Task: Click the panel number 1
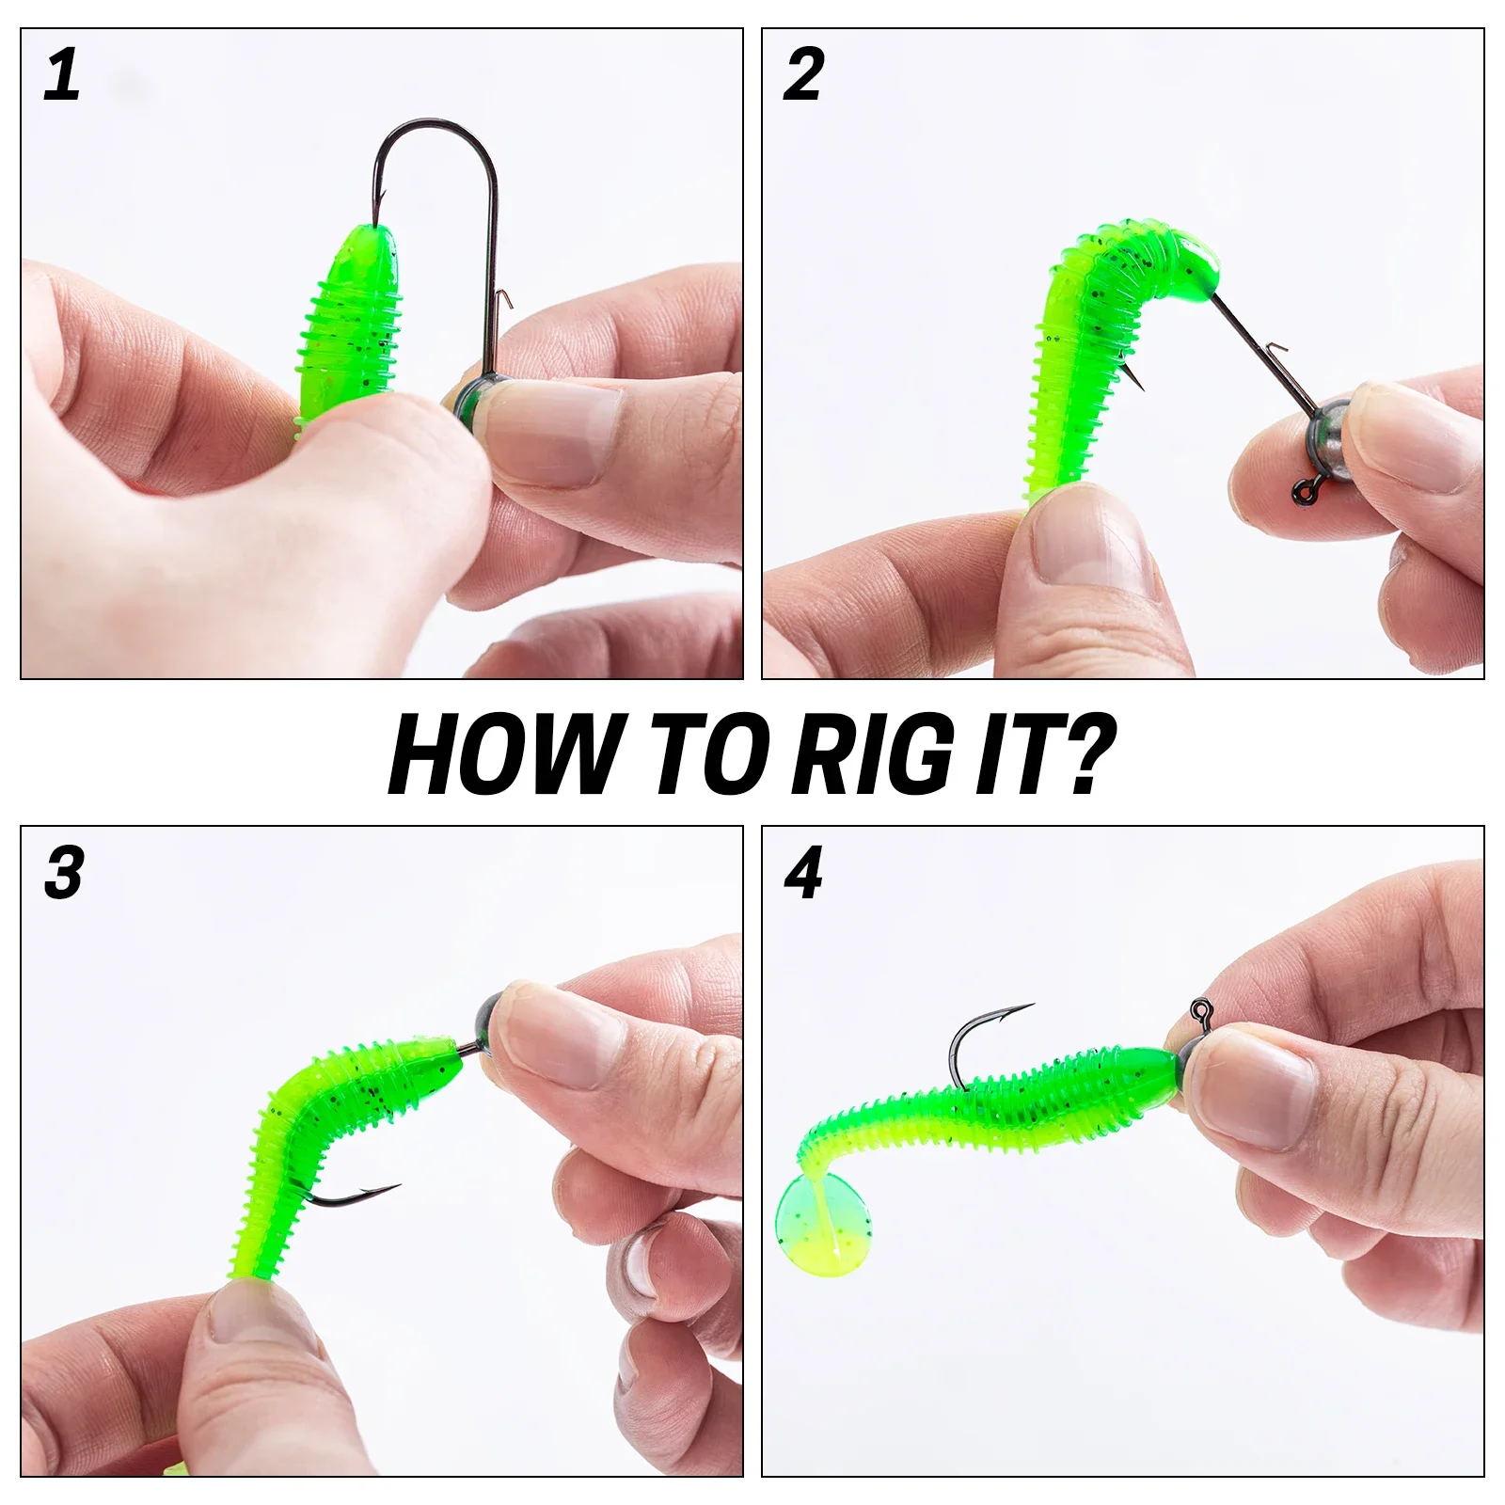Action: point(62,75)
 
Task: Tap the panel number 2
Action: point(803,75)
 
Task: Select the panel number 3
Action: point(63,873)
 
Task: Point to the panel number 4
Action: point(803,873)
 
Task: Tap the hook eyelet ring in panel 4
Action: point(1199,1011)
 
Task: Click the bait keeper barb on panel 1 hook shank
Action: point(503,299)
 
